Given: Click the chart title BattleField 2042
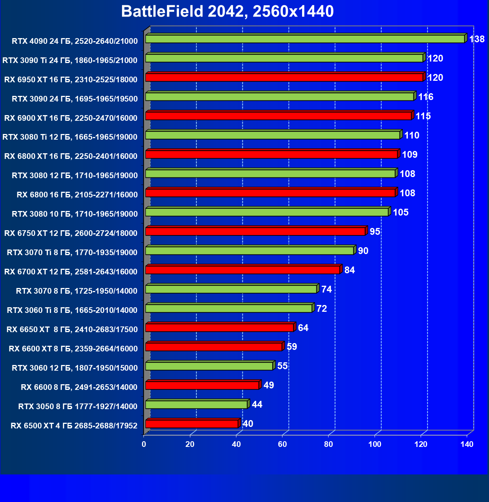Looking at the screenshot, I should pyautogui.click(x=227, y=12).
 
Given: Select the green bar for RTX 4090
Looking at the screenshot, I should pyautogui.click(x=305, y=39).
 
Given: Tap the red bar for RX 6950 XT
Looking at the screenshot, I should pyautogui.click(x=284, y=77).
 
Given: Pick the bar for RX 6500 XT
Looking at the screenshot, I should pyautogui.click(x=191, y=424).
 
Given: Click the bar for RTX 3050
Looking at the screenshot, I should pyautogui.click(x=196, y=405).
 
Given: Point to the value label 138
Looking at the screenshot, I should pyautogui.click(x=477, y=39).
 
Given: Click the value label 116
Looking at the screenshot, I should pyautogui.click(x=426, y=97).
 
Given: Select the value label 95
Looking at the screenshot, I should pyautogui.click(x=375, y=231).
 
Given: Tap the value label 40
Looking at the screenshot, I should pyautogui.click(x=248, y=423).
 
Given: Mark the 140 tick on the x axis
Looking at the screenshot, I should pyautogui.click(x=467, y=444).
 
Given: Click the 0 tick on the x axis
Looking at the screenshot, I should pyautogui.click(x=144, y=444).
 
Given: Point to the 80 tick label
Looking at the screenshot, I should pyautogui.click(x=329, y=444).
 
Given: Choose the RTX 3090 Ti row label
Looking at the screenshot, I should pyautogui.click(x=70, y=60).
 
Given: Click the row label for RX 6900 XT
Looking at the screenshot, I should pyautogui.click(x=71, y=118).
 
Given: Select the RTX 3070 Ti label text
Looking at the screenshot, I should pyautogui.click(x=72, y=252).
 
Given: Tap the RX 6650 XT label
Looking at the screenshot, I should pyautogui.click(x=72, y=329).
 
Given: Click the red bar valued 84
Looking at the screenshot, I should pyautogui.click(x=242, y=270).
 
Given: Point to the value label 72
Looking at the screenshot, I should pyautogui.click(x=322, y=308).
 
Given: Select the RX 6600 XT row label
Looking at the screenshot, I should pyautogui.click(x=73, y=348).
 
